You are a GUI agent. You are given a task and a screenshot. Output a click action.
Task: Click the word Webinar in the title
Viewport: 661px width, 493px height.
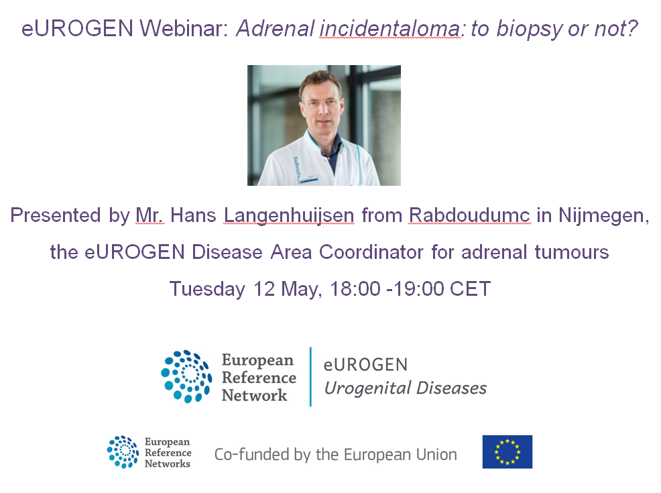(x=184, y=29)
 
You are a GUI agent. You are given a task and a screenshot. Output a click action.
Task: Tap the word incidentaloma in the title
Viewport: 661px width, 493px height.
(x=390, y=29)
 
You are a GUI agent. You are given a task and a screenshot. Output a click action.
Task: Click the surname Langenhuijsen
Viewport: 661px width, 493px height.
(x=289, y=216)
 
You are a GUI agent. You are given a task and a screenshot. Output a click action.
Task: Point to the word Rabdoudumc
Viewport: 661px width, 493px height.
(x=470, y=215)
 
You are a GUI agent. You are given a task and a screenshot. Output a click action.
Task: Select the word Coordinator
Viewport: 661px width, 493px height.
(x=371, y=252)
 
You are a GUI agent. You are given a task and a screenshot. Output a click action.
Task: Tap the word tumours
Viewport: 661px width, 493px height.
(x=572, y=252)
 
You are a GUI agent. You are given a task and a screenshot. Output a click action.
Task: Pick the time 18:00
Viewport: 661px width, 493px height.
(x=355, y=289)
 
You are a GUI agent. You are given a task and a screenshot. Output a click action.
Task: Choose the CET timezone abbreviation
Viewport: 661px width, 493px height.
(x=470, y=289)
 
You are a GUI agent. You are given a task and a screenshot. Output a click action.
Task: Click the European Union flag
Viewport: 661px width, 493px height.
(x=507, y=451)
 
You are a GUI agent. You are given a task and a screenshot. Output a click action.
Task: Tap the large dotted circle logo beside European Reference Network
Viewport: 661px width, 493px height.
(x=186, y=376)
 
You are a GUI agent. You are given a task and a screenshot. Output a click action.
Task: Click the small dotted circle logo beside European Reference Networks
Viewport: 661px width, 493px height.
(x=123, y=451)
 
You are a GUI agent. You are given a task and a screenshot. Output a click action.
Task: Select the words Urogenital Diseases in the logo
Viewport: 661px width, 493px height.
(x=405, y=388)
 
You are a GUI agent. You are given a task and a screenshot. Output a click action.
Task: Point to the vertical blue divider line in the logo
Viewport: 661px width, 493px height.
(x=310, y=376)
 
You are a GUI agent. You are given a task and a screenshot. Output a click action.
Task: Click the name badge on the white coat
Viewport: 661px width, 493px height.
(x=308, y=179)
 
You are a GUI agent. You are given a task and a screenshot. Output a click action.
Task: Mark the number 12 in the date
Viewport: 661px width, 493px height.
(x=264, y=289)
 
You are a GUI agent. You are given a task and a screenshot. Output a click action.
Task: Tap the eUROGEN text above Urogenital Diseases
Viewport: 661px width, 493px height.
(x=365, y=365)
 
